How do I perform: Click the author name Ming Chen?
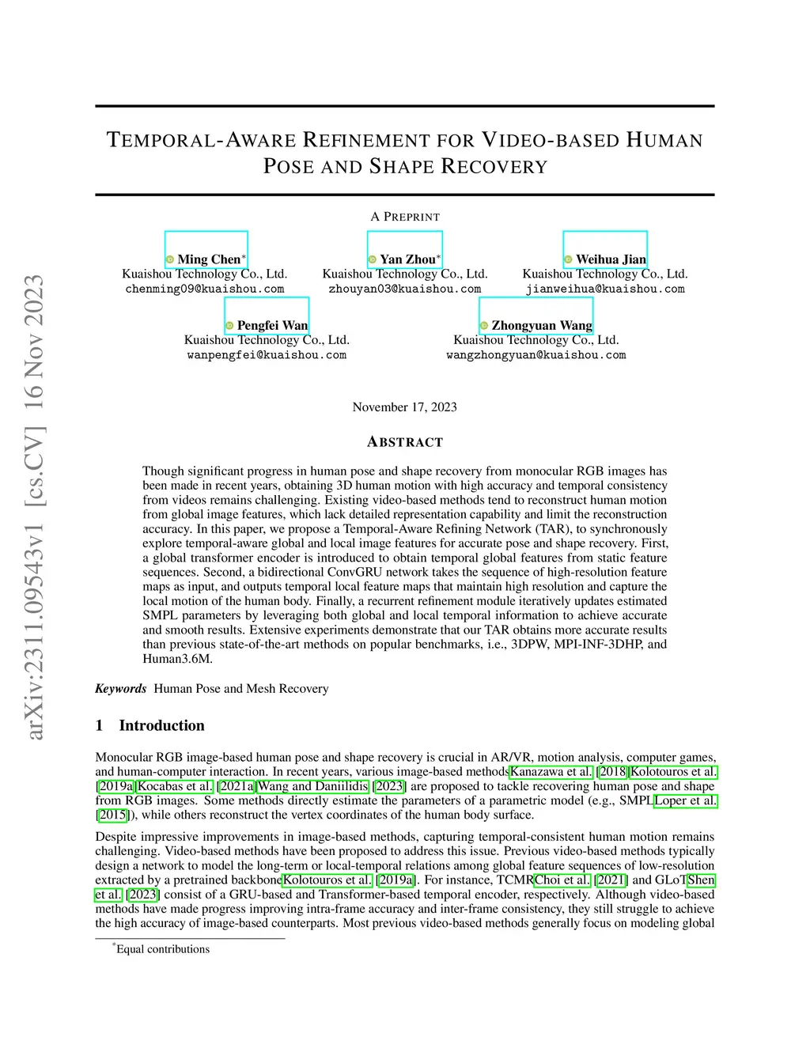coord(209,259)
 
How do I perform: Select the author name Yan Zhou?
coord(407,259)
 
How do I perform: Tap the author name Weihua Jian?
coord(611,259)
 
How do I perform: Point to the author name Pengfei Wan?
coord(272,326)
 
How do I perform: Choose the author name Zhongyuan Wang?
coord(542,326)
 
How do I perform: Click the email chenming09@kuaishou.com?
coord(205,289)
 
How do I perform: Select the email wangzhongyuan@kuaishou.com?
coord(536,356)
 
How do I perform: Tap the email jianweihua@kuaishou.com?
coord(605,289)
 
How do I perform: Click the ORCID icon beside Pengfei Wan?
coord(229,326)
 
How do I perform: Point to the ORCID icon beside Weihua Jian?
coord(568,259)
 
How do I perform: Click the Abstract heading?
coord(405,442)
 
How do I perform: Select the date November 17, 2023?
coord(405,407)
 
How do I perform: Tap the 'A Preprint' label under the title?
coord(405,217)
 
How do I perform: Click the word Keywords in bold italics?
coord(121,689)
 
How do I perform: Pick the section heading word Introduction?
coord(161,726)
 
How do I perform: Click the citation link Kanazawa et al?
coord(551,772)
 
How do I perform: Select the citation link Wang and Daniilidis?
coord(313,786)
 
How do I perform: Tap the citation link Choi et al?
coord(562,880)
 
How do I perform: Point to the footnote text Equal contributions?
coord(163,949)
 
